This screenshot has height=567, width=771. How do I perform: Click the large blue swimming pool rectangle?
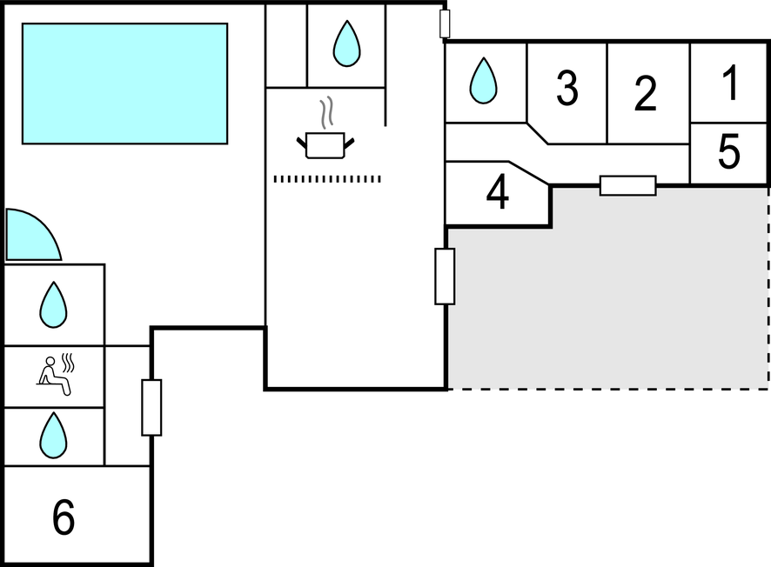[x=124, y=83]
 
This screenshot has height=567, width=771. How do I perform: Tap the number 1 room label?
[x=731, y=83]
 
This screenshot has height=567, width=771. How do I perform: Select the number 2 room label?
[x=645, y=94]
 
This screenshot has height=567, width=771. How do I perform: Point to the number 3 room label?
[x=567, y=89]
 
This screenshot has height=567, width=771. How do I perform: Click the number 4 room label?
[x=497, y=194]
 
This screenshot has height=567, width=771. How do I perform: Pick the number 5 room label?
[x=729, y=152]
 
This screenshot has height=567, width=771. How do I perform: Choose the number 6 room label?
[x=64, y=518]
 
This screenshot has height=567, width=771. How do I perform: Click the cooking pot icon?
[x=325, y=144]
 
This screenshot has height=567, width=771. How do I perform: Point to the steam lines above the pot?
[x=326, y=112]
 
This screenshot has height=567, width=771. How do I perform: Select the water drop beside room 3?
[x=483, y=81]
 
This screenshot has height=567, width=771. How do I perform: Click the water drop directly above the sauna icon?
[x=53, y=304]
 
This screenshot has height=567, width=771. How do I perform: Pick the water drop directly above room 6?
[x=53, y=436]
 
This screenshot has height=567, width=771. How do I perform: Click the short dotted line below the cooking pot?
[x=327, y=179]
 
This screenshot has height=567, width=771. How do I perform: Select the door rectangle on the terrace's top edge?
[x=627, y=185]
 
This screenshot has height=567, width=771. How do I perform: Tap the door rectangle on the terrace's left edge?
[x=445, y=277]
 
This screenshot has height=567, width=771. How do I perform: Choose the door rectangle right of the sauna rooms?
[x=151, y=407]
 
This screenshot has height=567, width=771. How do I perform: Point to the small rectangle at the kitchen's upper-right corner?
[x=445, y=23]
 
